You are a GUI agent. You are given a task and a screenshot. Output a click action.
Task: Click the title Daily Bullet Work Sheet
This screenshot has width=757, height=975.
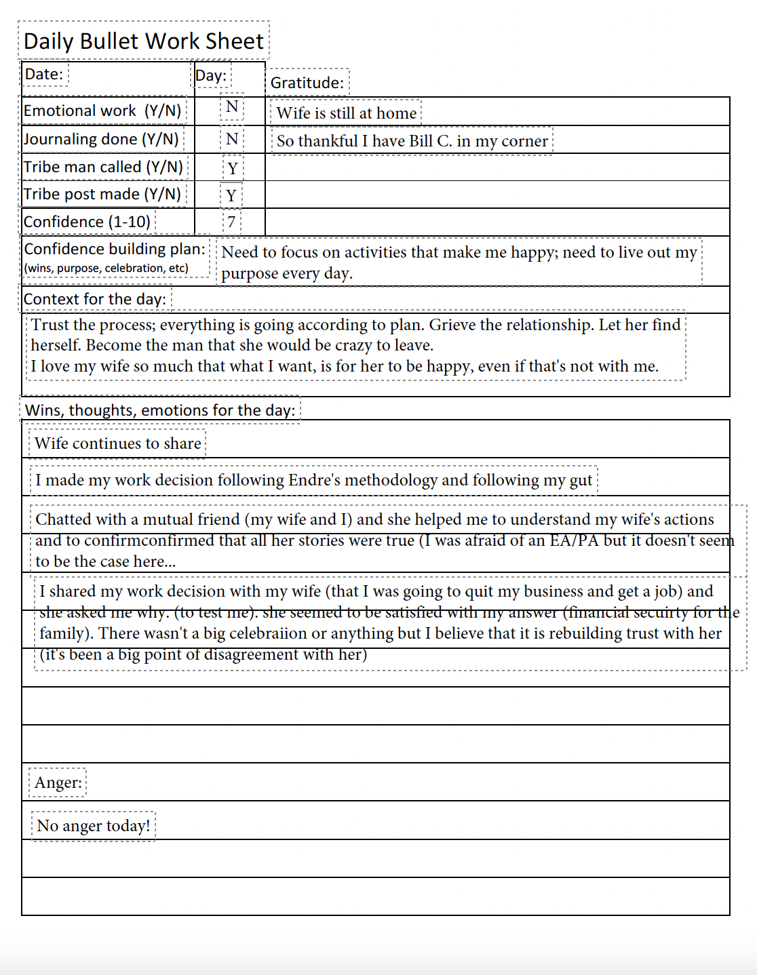pyautogui.click(x=143, y=41)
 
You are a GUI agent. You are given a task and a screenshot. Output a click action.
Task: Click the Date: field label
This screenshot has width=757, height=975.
pyautogui.click(x=44, y=74)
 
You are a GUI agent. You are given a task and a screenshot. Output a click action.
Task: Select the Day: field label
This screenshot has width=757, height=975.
pyautogui.click(x=211, y=75)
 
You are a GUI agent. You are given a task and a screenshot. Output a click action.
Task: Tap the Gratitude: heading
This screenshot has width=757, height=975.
pyautogui.click(x=307, y=83)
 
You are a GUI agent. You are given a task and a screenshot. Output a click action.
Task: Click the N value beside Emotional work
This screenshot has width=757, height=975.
pyautogui.click(x=232, y=106)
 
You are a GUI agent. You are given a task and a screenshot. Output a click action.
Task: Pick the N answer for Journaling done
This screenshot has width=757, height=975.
pyautogui.click(x=232, y=139)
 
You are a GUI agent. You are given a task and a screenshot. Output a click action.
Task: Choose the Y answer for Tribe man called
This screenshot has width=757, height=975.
pyautogui.click(x=233, y=168)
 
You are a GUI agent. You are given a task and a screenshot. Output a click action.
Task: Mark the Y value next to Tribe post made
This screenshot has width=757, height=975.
pyautogui.click(x=231, y=195)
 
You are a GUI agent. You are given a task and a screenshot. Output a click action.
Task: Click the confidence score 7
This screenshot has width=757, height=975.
pyautogui.click(x=231, y=222)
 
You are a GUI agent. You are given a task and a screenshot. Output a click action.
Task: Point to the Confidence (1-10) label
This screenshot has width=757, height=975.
pyautogui.click(x=87, y=222)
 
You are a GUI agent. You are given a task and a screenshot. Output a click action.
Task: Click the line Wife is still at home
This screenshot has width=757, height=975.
pyautogui.click(x=346, y=113)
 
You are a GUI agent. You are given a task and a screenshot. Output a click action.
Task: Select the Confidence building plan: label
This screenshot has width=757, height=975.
pyautogui.click(x=115, y=250)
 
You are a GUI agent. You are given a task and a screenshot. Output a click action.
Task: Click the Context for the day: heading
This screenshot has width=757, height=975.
pyautogui.click(x=94, y=299)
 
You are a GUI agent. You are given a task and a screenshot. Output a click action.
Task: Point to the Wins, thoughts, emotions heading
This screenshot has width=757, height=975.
pyautogui.click(x=160, y=410)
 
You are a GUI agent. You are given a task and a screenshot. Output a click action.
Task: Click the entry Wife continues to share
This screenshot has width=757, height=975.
pyautogui.click(x=117, y=443)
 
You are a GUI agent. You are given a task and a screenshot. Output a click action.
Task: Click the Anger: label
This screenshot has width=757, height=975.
pyautogui.click(x=58, y=782)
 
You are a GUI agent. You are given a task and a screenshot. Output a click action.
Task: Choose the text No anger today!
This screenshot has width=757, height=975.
pyautogui.click(x=93, y=826)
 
